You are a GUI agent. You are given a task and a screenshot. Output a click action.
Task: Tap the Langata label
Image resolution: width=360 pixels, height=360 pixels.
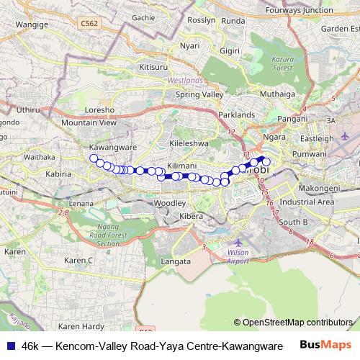[x=177, y=262]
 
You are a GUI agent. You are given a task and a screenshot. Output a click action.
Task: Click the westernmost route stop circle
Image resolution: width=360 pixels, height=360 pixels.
[x=94, y=158]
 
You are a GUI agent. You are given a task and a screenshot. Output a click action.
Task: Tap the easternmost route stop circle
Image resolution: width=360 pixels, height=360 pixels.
[x=266, y=161]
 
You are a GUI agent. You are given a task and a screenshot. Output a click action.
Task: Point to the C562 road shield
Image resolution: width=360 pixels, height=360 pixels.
[x=89, y=24]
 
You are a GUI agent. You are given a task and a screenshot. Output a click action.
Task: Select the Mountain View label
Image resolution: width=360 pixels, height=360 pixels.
[x=88, y=123]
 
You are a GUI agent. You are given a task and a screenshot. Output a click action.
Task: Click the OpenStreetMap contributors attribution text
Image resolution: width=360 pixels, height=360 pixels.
[x=298, y=323]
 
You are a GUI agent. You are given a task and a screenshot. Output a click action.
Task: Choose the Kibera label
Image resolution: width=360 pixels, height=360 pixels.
[x=192, y=216]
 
